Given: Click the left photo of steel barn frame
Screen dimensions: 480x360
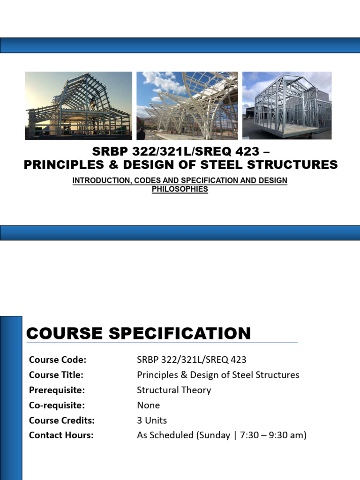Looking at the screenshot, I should click(x=78, y=105).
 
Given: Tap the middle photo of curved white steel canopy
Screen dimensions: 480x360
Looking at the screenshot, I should click(x=187, y=105).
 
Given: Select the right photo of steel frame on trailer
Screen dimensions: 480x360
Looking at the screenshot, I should click(x=287, y=105).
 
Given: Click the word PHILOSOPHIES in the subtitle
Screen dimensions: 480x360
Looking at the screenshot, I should click(x=180, y=189).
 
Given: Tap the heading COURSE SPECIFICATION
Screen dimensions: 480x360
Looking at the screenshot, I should click(x=138, y=333).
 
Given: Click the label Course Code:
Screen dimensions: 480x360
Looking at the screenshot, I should click(x=58, y=360).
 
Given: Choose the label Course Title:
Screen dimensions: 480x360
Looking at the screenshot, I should click(x=56, y=375).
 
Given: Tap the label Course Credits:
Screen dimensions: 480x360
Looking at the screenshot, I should click(x=62, y=420).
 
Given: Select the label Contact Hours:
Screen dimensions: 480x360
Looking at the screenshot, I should click(x=61, y=435).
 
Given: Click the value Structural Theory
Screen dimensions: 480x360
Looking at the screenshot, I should click(x=174, y=390).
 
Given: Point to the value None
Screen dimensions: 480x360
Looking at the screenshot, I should click(x=148, y=405).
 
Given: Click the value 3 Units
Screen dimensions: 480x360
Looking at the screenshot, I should click(x=151, y=420).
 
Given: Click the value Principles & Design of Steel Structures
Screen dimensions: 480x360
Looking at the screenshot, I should click(x=218, y=375).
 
